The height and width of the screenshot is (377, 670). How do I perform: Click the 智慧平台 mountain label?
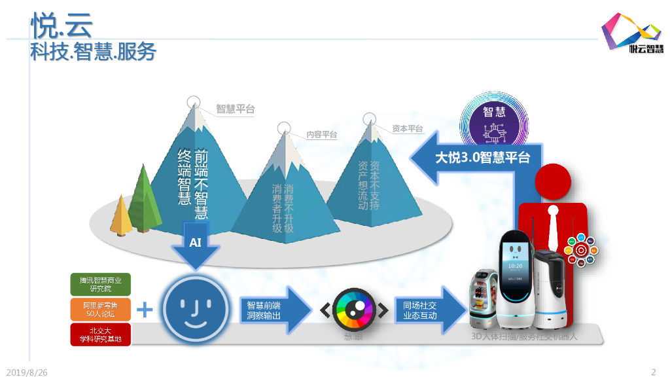click(236, 109)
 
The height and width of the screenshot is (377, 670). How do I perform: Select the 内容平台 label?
click(322, 135)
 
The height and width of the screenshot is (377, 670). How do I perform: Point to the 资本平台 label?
click(407, 129)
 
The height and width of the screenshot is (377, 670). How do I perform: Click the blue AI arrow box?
click(196, 244)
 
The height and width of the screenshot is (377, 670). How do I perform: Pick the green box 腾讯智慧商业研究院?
click(101, 284)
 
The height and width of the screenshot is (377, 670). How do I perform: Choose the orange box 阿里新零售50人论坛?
click(101, 309)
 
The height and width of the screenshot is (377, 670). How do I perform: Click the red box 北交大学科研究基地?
click(101, 334)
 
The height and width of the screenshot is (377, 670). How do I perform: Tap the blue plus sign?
click(145, 310)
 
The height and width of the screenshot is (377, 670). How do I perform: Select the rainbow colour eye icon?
click(353, 310)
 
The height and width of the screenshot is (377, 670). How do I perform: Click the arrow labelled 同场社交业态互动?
click(425, 310)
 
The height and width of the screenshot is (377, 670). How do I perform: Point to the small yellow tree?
click(121, 216)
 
